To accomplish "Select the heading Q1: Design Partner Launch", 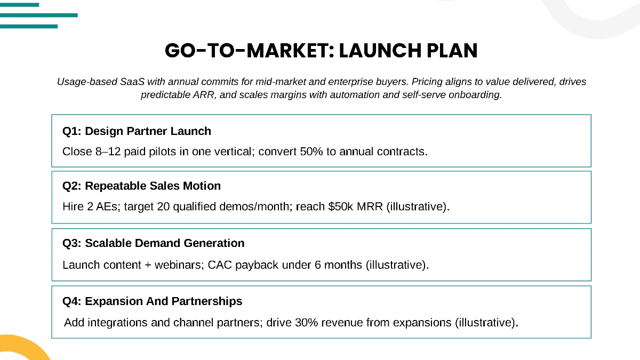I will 137,131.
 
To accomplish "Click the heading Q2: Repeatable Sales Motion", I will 141,186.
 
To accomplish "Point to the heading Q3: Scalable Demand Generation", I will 153,243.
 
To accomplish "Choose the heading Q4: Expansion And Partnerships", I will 152,301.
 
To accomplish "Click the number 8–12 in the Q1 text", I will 106,151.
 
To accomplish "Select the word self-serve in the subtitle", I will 423,95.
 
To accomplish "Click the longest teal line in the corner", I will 38,15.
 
